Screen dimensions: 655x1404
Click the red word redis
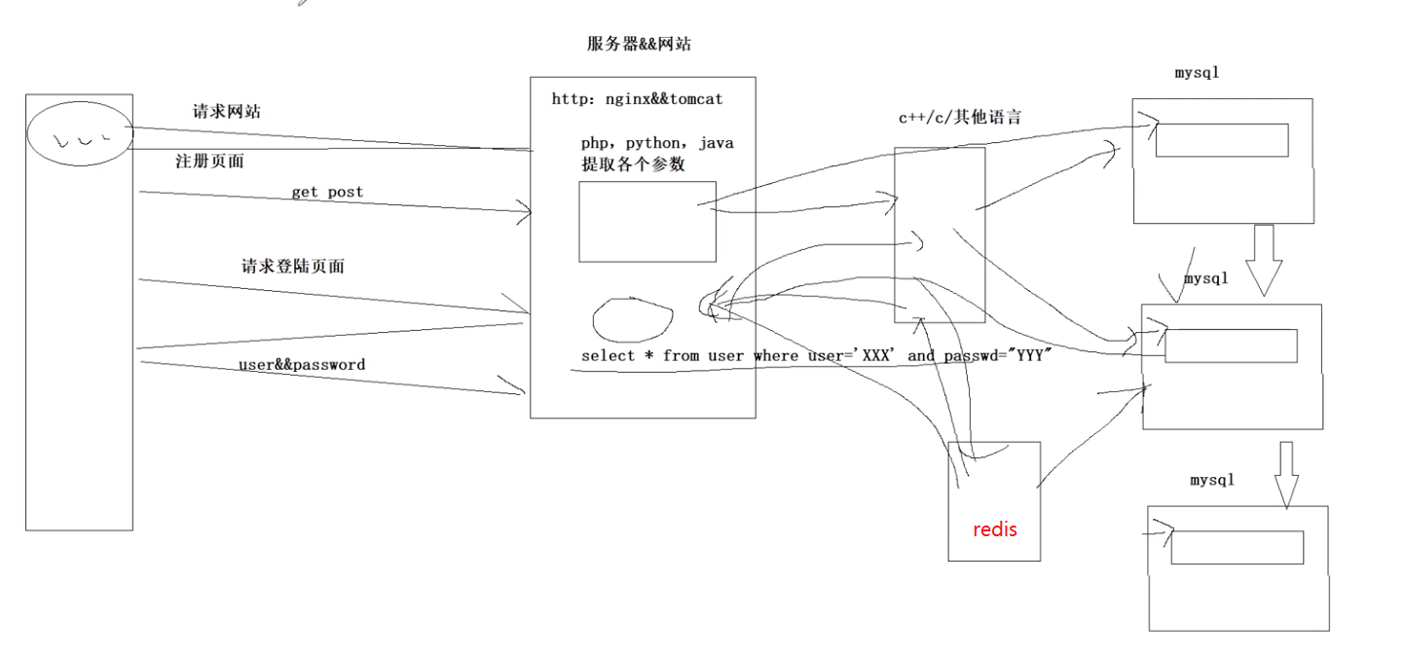(995, 529)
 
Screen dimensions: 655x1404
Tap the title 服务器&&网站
(639, 44)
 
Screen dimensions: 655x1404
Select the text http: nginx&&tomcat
(637, 98)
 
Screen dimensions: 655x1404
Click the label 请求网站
(227, 112)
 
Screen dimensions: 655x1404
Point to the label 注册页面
(209, 162)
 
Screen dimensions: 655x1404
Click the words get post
(327, 192)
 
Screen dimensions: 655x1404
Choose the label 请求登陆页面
(293, 266)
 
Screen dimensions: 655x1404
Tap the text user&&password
(302, 365)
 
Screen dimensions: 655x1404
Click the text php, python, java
(657, 143)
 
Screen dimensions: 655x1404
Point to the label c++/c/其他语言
(960, 117)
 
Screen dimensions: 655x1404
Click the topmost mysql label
(1197, 73)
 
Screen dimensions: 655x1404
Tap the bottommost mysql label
(1212, 480)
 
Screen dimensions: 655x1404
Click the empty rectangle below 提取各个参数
(647, 221)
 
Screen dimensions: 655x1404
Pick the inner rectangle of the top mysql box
(1222, 140)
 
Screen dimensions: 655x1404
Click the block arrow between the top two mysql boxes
(1264, 258)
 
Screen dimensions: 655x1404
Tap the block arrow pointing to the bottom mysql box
(1286, 474)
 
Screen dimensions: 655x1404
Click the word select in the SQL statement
(608, 355)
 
